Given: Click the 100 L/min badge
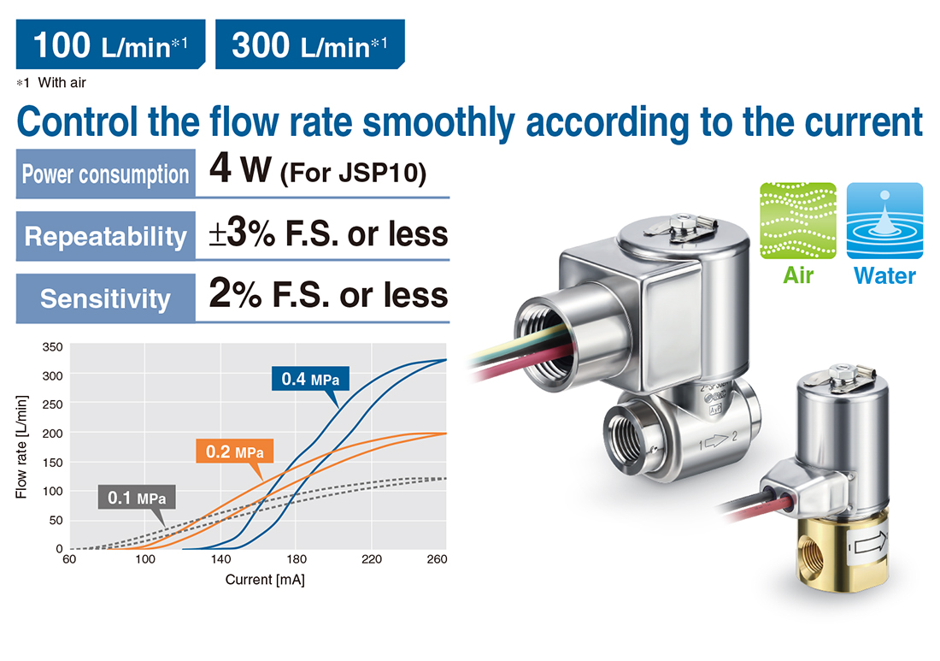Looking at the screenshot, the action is [x=110, y=44].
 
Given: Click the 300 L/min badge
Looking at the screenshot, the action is [x=310, y=44].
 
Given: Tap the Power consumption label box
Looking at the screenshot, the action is [x=105, y=174].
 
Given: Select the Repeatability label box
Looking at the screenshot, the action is [x=105, y=236].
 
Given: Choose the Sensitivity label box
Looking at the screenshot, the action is [x=105, y=298].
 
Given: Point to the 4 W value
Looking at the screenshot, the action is [x=240, y=169].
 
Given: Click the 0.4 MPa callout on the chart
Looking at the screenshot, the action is [x=310, y=379].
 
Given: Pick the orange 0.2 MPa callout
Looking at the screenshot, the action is [x=234, y=451].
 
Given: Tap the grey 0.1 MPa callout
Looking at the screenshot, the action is [x=137, y=498].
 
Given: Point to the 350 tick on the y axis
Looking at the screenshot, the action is [x=52, y=346].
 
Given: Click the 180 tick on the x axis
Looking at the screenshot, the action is [x=297, y=559].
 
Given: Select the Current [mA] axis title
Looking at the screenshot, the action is [x=265, y=580].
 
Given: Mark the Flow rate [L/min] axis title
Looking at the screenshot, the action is [x=21, y=447].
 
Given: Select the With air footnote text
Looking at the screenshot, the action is [x=62, y=83].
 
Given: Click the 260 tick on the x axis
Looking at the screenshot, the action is [x=437, y=559].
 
